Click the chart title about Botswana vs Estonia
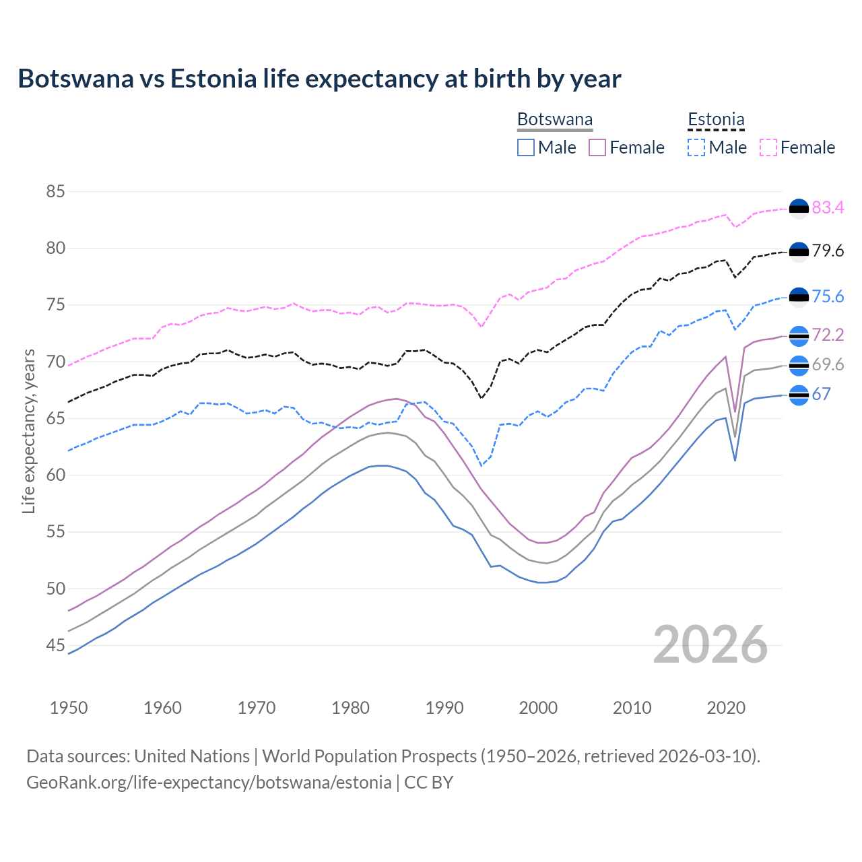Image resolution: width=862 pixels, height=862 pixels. coord(319,79)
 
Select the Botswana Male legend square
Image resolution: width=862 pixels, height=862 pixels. coord(526,147)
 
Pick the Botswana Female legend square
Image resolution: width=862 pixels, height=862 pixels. coord(597,147)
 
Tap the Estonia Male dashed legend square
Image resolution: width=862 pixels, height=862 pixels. coord(696,147)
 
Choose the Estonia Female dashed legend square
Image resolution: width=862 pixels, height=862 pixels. coord(768,147)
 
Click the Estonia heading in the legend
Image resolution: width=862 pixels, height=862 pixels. coord(716,120)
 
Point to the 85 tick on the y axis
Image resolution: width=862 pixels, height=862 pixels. coord(55,192)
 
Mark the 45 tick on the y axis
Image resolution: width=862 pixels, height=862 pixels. coord(55,646)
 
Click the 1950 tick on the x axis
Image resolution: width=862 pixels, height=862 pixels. coord(69,708)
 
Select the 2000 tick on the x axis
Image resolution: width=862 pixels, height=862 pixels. coord(538,708)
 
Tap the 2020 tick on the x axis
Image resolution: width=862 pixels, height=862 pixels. coord(726,708)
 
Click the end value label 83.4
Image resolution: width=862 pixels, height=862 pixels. coord(828,208)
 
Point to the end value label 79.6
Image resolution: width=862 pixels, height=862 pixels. coord(828,251)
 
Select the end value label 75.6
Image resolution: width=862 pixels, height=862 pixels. coord(828,297)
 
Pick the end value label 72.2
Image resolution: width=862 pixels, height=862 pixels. coord(828,335)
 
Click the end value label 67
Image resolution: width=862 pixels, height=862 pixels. coord(821,395)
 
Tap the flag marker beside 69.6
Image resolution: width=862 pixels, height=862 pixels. coord(799,365)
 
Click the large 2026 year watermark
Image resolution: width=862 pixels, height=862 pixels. coord(710,644)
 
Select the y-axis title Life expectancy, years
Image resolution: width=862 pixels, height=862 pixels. coord(29,431)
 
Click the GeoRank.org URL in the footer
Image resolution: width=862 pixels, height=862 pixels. coord(209,783)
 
